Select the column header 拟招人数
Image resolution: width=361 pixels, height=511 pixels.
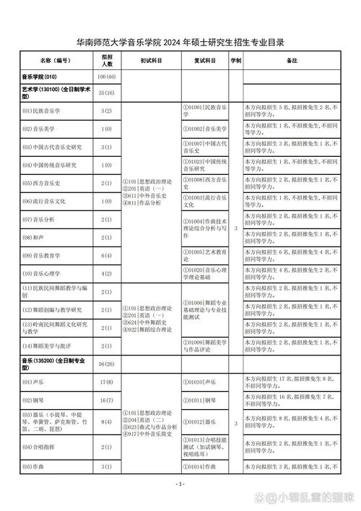click(x=107, y=61)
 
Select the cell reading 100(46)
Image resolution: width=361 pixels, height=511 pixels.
click(x=107, y=76)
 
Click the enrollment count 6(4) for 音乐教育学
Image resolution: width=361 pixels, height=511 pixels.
click(x=107, y=255)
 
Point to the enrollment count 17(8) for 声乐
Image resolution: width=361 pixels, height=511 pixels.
click(x=107, y=382)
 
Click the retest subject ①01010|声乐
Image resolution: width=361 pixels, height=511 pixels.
click(x=201, y=382)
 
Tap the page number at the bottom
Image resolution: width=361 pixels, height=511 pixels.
click(x=180, y=484)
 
